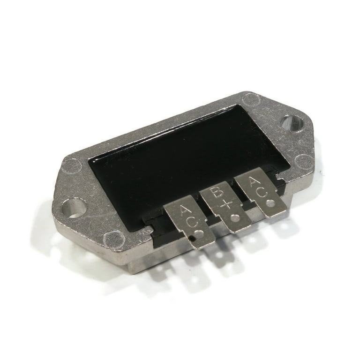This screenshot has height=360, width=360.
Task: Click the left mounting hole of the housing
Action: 73,209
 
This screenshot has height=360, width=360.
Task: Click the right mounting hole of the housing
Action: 292,124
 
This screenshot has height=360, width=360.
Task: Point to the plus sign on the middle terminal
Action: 226,205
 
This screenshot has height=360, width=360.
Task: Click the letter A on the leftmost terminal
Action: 185,211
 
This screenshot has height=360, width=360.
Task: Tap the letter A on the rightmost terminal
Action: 255,183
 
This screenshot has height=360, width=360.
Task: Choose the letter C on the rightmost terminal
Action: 262,193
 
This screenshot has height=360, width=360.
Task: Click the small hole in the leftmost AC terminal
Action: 198,234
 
